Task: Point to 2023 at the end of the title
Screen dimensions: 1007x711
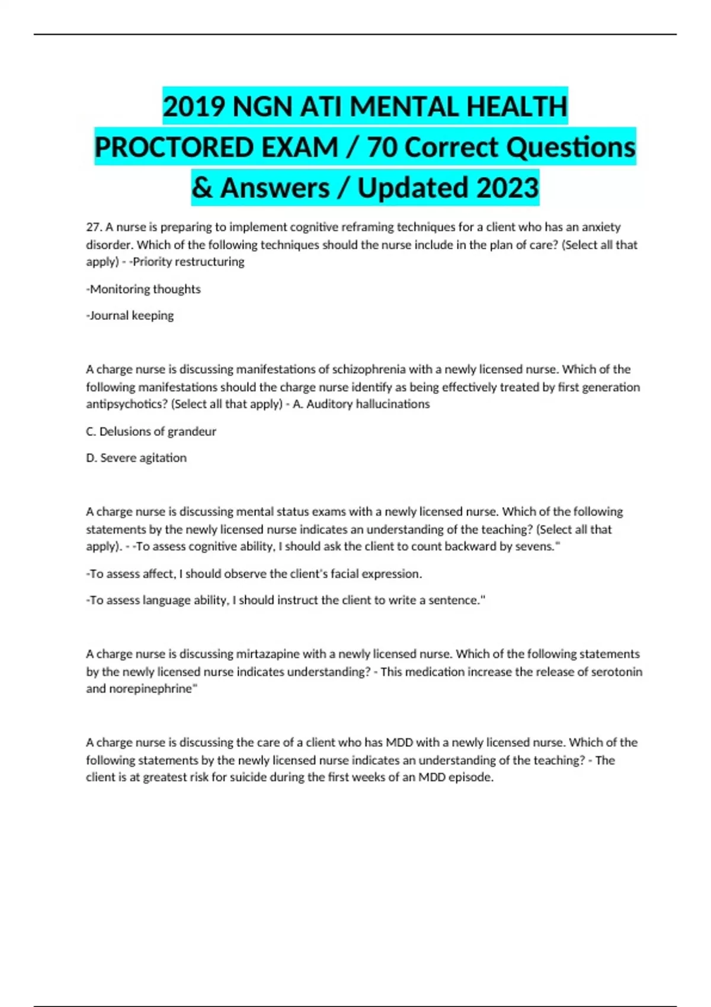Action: pos(507,188)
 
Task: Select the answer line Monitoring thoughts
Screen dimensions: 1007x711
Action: pos(144,289)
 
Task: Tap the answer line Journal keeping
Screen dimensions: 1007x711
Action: pos(130,316)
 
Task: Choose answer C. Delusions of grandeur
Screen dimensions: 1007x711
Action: pos(151,431)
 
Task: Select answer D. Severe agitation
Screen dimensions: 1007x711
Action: pos(136,458)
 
